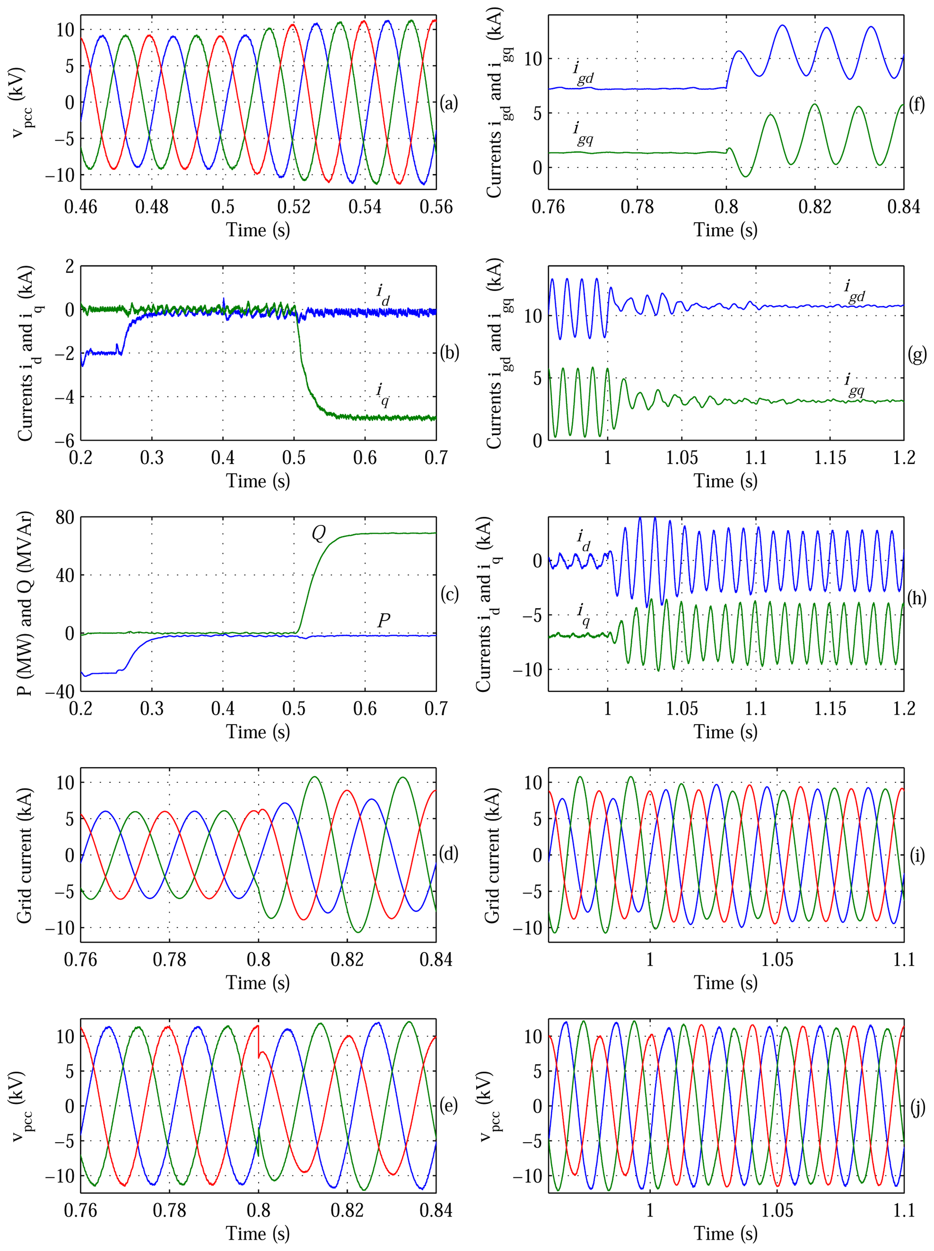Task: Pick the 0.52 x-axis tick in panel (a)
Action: (294, 207)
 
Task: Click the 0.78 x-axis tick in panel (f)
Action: (637, 207)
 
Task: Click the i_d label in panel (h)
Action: (584, 540)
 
